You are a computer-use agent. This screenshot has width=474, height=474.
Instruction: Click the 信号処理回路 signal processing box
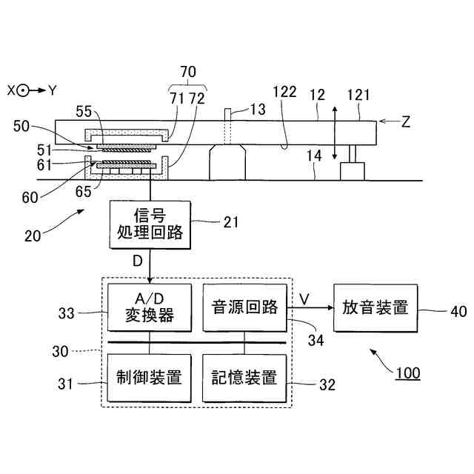150,225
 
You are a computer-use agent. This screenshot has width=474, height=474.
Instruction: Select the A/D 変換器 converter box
150,307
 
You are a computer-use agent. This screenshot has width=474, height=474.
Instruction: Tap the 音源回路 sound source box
244,307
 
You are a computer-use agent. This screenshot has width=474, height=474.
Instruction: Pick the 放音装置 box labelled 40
375,308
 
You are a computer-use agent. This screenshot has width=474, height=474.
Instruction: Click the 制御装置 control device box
150,378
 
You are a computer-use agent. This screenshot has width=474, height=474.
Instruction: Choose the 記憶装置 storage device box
244,378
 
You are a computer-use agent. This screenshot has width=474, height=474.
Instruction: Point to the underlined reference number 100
408,373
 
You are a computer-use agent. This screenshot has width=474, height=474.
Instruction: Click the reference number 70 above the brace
188,72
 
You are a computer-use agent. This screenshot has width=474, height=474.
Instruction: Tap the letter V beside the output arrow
304,299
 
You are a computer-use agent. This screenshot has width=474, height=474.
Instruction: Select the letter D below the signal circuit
138,261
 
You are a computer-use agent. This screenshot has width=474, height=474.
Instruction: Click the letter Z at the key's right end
405,121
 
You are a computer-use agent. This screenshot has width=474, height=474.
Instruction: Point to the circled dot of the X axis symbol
23,90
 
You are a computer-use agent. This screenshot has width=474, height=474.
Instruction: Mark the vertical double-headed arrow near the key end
334,133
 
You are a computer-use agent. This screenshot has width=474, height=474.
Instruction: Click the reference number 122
284,92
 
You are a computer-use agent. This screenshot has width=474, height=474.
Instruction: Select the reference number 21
231,222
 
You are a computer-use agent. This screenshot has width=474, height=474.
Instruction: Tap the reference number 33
66,313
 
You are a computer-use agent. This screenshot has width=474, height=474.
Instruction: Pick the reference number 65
83,192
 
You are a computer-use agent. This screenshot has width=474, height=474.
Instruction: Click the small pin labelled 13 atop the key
228,115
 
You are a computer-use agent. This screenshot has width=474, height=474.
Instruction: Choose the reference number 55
84,112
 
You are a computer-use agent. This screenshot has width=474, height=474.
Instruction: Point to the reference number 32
327,385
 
